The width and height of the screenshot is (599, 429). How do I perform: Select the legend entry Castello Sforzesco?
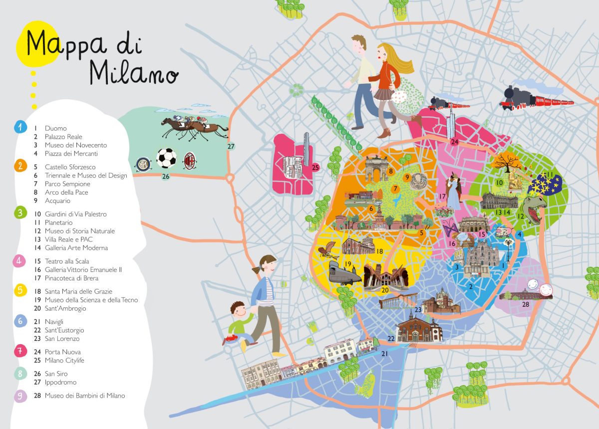click(x=70, y=167)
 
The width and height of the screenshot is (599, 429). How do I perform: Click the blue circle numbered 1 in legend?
click(x=20, y=128)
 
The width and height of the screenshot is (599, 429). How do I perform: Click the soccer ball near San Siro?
click(x=166, y=158)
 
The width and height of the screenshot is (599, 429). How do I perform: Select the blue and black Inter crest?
click(x=143, y=163)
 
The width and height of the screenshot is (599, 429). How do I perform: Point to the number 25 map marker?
click(x=315, y=168)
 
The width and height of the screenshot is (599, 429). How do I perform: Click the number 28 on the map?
click(x=525, y=304)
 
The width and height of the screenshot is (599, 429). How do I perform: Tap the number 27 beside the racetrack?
click(x=230, y=147)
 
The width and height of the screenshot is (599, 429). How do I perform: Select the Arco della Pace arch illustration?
click(x=376, y=169)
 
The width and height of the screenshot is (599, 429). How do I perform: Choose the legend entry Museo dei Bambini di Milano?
click(x=84, y=396)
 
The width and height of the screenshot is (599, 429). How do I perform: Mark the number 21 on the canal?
click(x=385, y=354)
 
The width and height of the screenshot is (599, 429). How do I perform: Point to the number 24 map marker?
click(x=454, y=142)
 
